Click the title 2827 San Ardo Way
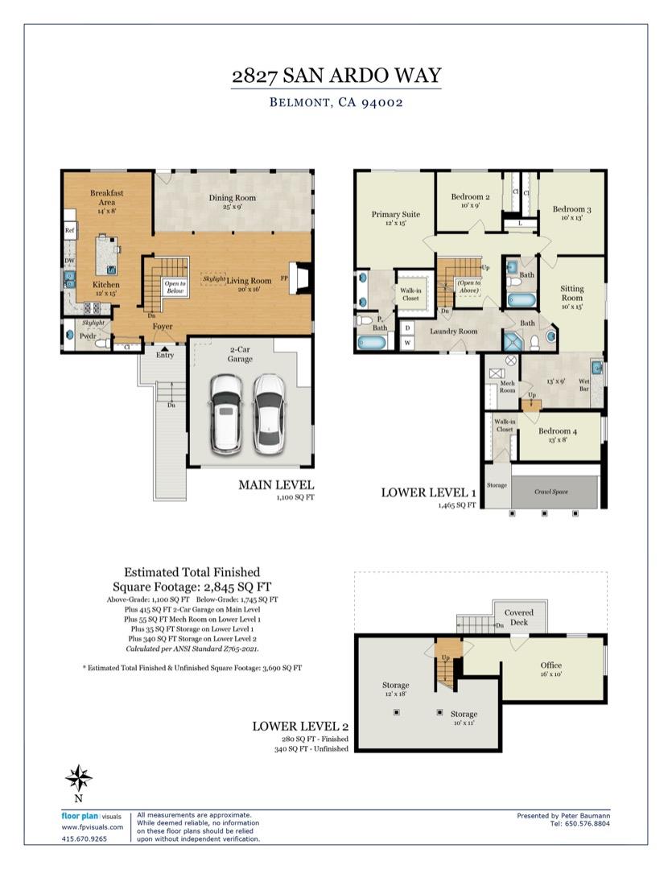click(x=336, y=76)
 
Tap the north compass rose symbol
click(x=78, y=778)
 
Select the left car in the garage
click(x=225, y=414)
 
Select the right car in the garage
click(x=267, y=414)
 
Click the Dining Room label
click(x=232, y=198)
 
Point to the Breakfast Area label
click(x=106, y=198)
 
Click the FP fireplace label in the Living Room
click(x=284, y=278)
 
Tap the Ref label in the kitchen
click(x=69, y=230)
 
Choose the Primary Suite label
click(x=395, y=215)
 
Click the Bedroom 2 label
click(x=470, y=197)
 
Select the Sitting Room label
click(x=572, y=294)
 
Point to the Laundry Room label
click(x=453, y=331)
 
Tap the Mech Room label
click(x=507, y=387)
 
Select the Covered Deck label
click(x=518, y=617)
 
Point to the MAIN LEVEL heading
click(x=275, y=485)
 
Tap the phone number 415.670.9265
click(x=84, y=838)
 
